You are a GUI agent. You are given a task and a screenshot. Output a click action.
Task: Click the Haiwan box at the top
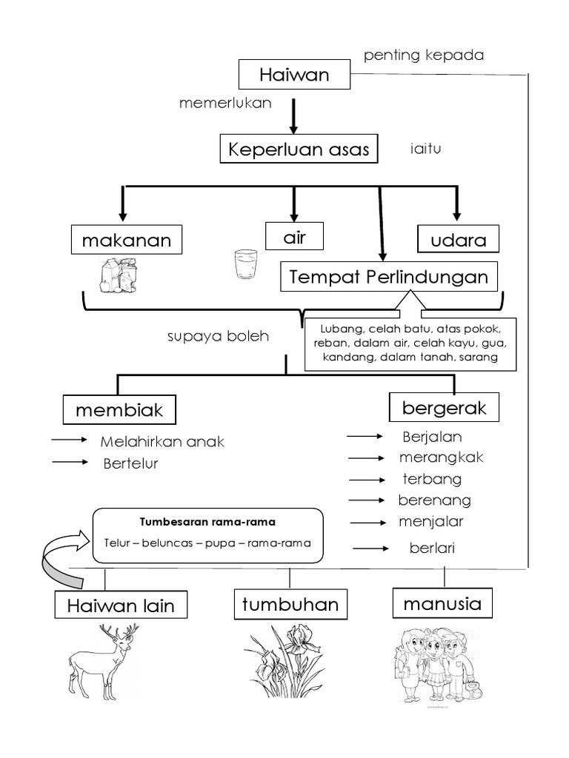(x=294, y=75)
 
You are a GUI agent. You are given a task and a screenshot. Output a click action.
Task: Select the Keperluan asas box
(x=299, y=149)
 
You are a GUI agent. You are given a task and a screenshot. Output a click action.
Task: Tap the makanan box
(x=127, y=241)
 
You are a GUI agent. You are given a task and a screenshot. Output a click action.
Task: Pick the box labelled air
(x=294, y=238)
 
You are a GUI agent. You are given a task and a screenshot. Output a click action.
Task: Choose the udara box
(x=458, y=241)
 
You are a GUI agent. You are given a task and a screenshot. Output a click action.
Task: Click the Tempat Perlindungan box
(x=389, y=278)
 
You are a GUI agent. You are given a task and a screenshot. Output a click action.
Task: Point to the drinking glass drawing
(x=245, y=265)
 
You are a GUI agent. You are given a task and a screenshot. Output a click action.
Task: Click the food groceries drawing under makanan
(x=119, y=275)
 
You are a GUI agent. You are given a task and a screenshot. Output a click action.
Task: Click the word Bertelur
(x=131, y=464)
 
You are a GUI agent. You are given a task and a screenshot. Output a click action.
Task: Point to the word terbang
(x=431, y=478)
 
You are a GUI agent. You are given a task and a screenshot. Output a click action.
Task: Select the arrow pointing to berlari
(x=373, y=549)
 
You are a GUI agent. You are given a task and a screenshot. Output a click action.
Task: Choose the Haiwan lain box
(x=121, y=606)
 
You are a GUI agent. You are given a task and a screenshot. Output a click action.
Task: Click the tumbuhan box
(x=290, y=604)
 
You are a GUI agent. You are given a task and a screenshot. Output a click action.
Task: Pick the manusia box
(x=442, y=603)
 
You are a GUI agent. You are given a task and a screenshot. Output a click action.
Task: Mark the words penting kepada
(x=424, y=56)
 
